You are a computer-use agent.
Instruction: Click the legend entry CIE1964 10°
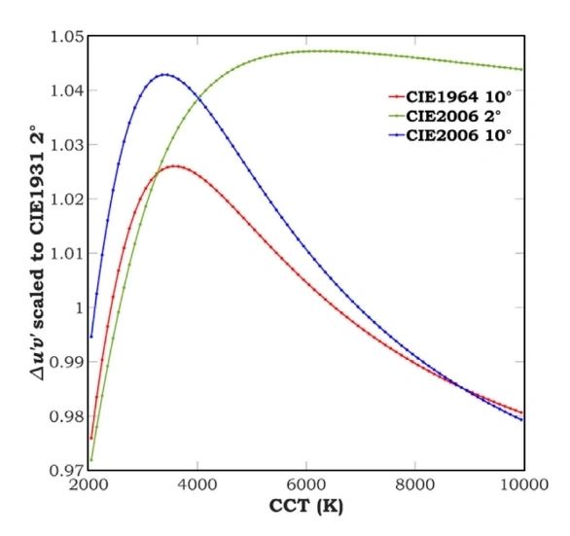click(450, 97)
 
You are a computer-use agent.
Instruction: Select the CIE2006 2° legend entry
click(445, 116)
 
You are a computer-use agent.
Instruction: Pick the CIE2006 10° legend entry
click(450, 135)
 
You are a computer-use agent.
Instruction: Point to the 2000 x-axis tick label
click(89, 484)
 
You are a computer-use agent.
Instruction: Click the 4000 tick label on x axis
click(197, 484)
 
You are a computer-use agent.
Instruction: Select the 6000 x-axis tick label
click(306, 484)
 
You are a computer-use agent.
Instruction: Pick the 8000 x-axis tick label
click(415, 484)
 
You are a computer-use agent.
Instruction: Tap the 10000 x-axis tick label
click(524, 484)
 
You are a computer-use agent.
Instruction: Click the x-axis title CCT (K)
click(306, 506)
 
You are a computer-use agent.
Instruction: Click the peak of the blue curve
click(165, 75)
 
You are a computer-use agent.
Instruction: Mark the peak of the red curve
click(176, 166)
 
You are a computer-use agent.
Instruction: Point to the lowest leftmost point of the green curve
click(91, 460)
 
